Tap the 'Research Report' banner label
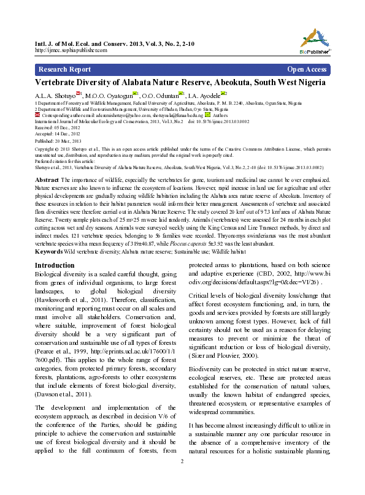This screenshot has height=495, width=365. coord(64,69)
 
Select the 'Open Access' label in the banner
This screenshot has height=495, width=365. coord(307,69)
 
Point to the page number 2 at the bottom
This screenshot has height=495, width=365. coord(182,478)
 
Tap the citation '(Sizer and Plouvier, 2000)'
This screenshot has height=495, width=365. coord(225,355)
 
